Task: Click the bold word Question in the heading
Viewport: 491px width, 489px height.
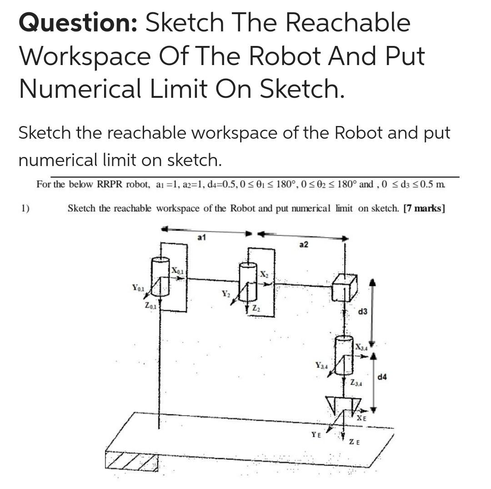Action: coord(77,23)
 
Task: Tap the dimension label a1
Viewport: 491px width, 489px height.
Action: coord(202,237)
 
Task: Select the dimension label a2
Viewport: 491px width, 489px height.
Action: coord(304,245)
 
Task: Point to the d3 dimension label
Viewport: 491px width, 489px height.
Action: coord(363,313)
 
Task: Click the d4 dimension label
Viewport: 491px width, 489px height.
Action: coord(383,377)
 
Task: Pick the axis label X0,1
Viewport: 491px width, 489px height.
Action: coord(177,271)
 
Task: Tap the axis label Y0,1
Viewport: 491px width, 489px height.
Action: coord(138,287)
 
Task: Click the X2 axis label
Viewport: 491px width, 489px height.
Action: coord(264,274)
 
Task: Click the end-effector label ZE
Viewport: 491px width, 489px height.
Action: coord(355,442)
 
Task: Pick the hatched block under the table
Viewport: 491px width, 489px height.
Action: coord(132,461)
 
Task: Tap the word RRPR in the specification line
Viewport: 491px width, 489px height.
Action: coord(111,185)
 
